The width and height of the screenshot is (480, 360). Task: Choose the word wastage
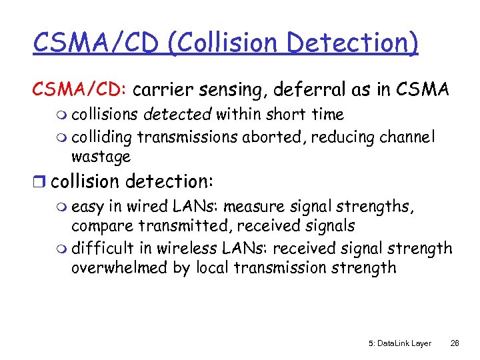[x=101, y=157]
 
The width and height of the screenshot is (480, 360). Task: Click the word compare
[x=99, y=227]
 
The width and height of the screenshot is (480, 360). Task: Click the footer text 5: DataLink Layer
[x=399, y=343]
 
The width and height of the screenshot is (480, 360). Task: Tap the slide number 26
[x=455, y=343]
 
